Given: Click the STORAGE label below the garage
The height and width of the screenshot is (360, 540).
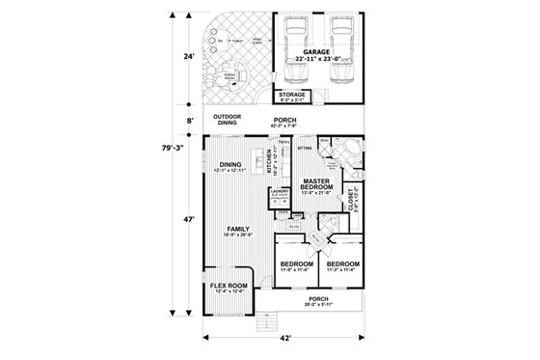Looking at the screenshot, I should (x=292, y=96).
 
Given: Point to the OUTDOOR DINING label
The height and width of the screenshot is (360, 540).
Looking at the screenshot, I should (x=227, y=121).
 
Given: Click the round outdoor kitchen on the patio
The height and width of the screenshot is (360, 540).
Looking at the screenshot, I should (x=232, y=77).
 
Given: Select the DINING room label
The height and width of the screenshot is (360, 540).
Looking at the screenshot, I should (x=230, y=166).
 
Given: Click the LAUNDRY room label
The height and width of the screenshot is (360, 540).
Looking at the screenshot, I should (x=282, y=192).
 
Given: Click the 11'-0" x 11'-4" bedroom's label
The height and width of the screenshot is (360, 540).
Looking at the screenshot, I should (x=296, y=265).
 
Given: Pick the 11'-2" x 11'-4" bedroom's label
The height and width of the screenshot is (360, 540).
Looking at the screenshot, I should (x=342, y=265).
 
